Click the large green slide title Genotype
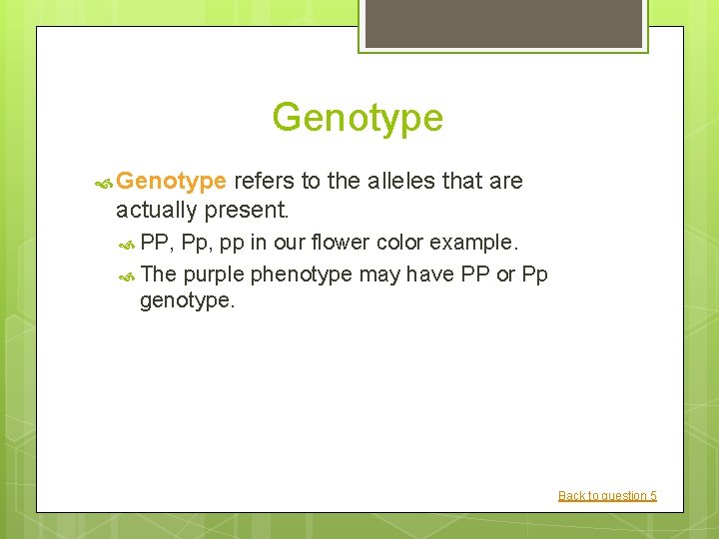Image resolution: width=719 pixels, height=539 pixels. coord(358,118)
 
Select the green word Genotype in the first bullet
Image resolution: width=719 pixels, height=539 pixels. coord(171,182)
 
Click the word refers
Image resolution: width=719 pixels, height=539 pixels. coord(264,181)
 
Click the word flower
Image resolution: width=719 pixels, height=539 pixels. coord(339,244)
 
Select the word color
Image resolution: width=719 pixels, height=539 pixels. coord(399,244)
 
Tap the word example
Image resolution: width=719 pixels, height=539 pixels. coord(474,244)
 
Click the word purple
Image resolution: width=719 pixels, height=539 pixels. coord(215,274)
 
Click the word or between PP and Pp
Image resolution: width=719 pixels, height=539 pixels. coord(505,274)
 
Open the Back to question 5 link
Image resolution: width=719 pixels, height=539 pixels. coord(607,496)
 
